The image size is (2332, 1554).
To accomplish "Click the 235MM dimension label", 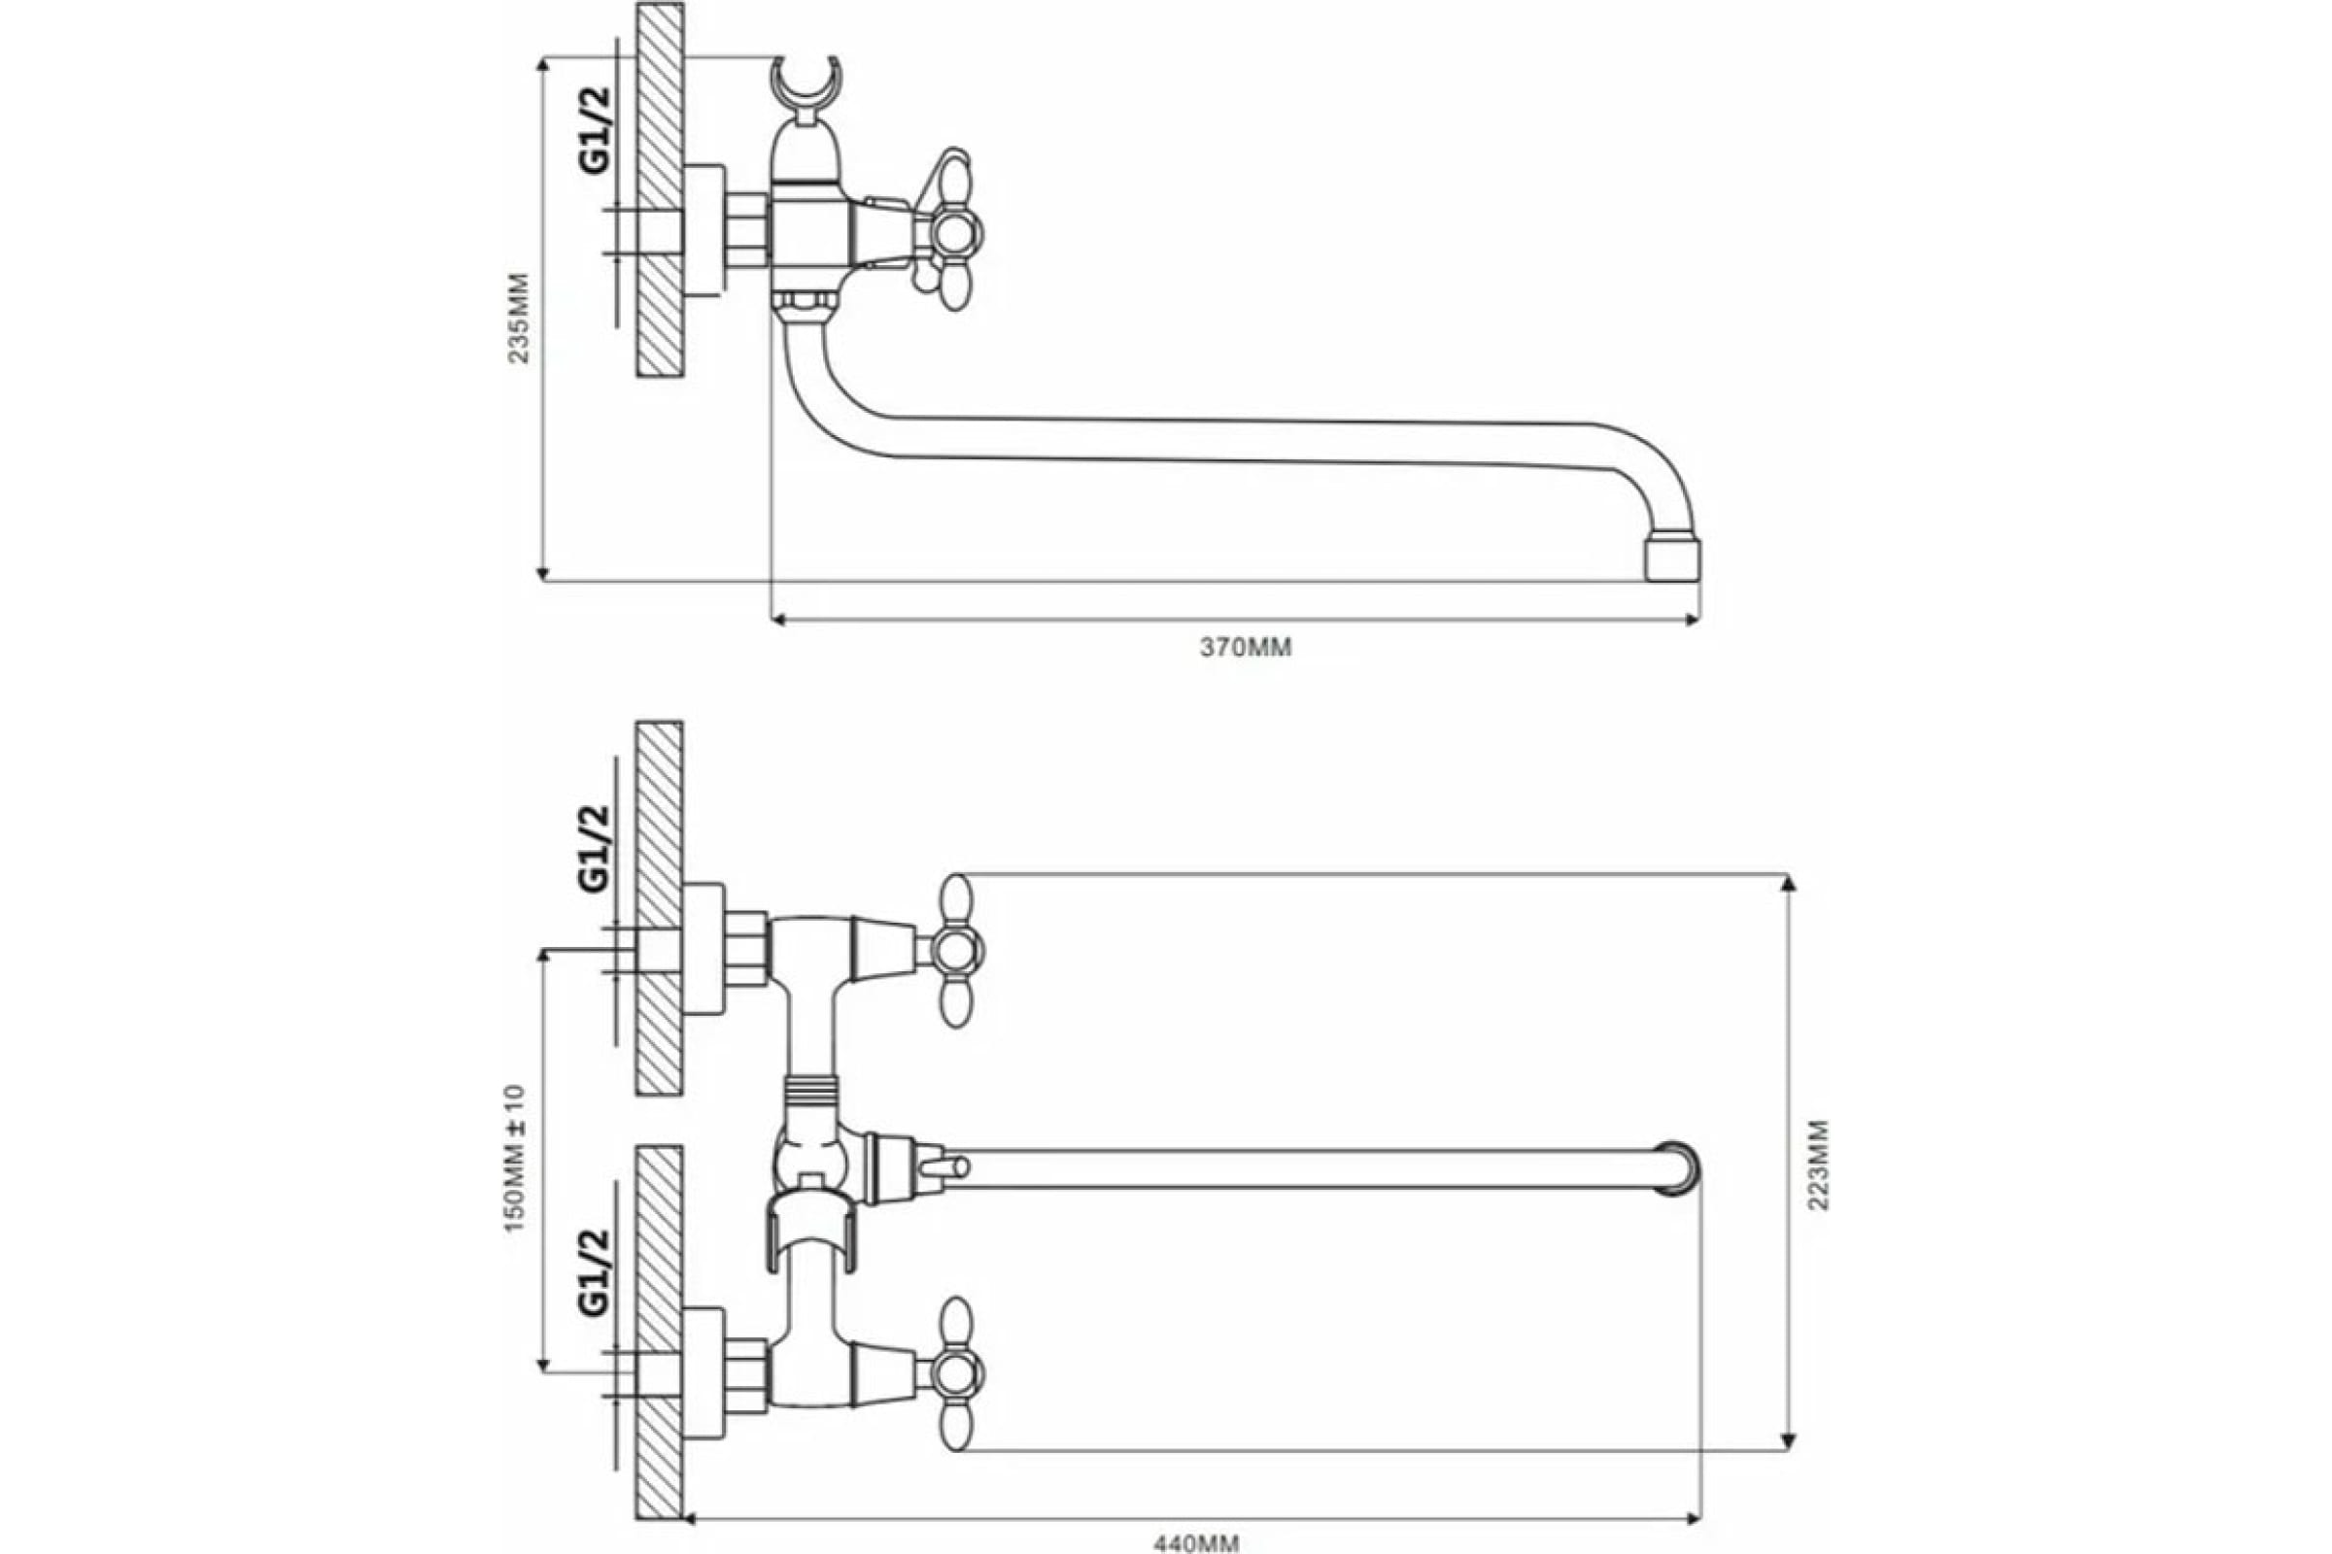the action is click(520, 318).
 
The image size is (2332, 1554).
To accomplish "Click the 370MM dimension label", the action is click(1247, 648).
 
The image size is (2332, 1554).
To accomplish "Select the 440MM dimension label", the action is click(1197, 1543).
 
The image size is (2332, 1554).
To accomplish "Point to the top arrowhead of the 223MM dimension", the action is click(1789, 885).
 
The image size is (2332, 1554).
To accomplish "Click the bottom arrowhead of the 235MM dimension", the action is click(542, 570).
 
